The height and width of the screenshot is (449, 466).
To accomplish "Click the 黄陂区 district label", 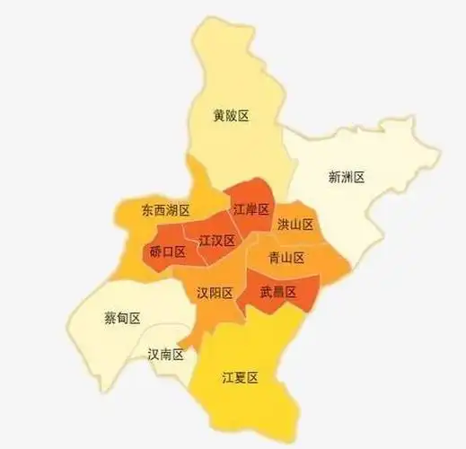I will point(231,116).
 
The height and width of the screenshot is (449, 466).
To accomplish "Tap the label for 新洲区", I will point(347,177).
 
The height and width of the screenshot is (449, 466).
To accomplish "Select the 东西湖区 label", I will point(166,210).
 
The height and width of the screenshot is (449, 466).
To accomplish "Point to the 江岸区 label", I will point(251,209).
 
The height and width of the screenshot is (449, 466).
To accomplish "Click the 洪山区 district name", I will point(295,224).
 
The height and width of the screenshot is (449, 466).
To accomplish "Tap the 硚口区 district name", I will point(167,252).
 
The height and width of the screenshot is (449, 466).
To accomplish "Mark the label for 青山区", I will point(286,258).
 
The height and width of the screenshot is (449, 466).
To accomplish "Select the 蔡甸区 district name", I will point(122,318).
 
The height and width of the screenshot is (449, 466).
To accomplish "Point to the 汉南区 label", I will point(165,355).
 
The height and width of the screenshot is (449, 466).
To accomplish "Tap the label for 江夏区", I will point(240,378).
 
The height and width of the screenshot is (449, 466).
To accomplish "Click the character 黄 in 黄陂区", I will point(219,116).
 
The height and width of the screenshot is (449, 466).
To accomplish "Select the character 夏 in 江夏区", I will point(240,378).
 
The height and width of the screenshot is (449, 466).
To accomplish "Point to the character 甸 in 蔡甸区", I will point(122,318).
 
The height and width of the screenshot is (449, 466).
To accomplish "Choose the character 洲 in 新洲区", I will point(347,177).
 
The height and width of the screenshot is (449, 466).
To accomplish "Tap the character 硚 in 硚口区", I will point(155,252).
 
